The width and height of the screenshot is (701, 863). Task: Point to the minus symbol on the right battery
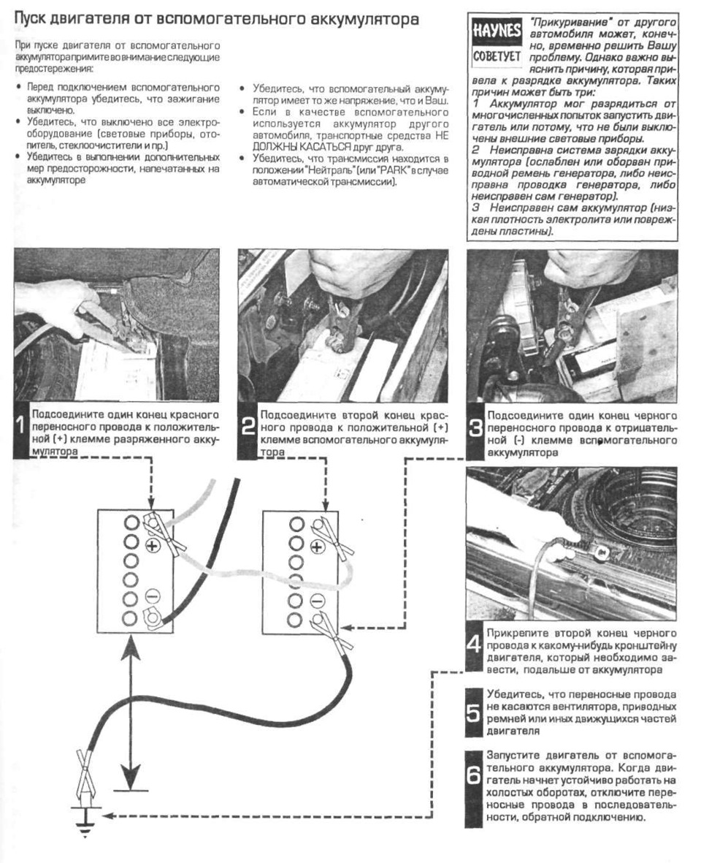[315, 601]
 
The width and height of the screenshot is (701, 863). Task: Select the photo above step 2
[343, 324]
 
